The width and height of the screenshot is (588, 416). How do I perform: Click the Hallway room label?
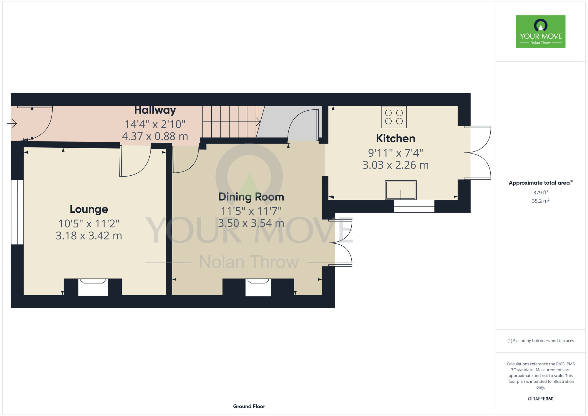pyautogui.click(x=155, y=110)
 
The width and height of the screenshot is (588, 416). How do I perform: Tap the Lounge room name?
pyautogui.click(x=89, y=209)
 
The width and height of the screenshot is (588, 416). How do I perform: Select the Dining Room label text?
pyautogui.click(x=251, y=197)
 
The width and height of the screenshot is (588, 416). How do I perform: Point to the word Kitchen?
pyautogui.click(x=396, y=139)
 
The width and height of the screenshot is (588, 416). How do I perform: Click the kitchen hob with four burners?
pyautogui.click(x=394, y=117)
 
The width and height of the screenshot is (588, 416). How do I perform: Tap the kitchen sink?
pyautogui.click(x=401, y=190)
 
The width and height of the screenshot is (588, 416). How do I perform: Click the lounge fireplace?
pyautogui.click(x=93, y=287)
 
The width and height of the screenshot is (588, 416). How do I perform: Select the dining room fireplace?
pyautogui.click(x=258, y=287)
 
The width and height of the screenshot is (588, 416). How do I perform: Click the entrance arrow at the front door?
pyautogui.click(x=12, y=124)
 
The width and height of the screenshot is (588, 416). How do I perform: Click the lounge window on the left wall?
pyautogui.click(x=17, y=212)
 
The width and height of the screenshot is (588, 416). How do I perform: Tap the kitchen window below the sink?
pyautogui.click(x=414, y=206)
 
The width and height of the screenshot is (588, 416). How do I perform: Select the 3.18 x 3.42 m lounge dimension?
pyautogui.click(x=89, y=236)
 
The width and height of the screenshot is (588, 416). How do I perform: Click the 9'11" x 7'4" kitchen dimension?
pyautogui.click(x=396, y=153)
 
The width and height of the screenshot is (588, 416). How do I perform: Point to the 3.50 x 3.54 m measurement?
pyautogui.click(x=251, y=223)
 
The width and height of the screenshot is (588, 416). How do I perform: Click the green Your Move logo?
pyautogui.click(x=541, y=32)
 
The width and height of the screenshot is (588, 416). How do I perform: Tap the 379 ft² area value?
pyautogui.click(x=541, y=192)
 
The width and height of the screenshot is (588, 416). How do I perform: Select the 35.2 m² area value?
pyautogui.click(x=541, y=201)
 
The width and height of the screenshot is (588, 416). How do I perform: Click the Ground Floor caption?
pyautogui.click(x=249, y=406)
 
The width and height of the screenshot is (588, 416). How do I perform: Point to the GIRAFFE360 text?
pyautogui.click(x=541, y=399)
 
